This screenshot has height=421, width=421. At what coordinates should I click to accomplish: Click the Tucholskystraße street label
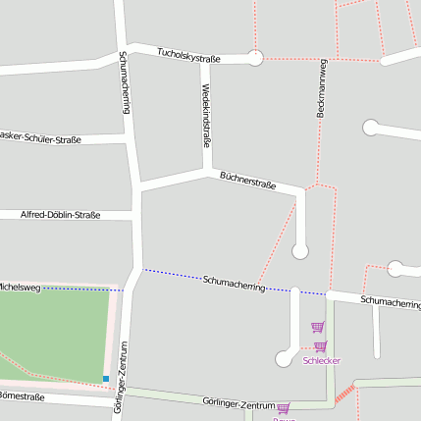(x=189, y=58)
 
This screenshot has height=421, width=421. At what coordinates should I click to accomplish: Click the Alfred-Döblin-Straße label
(x=60, y=214)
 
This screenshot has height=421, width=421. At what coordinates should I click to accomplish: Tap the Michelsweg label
(x=20, y=287)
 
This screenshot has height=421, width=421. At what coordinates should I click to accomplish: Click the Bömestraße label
(x=22, y=396)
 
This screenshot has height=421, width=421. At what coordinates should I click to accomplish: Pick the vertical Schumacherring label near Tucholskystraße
(x=125, y=83)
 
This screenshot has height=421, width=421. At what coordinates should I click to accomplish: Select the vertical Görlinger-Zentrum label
(x=122, y=377)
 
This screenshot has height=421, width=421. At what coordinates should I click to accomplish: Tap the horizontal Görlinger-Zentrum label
(x=237, y=403)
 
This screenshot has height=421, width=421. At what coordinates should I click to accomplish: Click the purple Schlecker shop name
(x=322, y=360)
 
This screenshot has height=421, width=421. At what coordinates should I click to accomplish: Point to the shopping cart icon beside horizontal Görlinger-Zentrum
(x=283, y=408)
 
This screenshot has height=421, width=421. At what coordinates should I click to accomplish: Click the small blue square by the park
(x=106, y=378)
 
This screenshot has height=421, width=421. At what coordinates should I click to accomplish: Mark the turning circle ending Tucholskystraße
(x=256, y=58)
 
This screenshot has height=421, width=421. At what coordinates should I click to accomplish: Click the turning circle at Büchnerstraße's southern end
(x=300, y=250)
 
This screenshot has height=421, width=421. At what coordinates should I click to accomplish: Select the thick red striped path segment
(x=343, y=394)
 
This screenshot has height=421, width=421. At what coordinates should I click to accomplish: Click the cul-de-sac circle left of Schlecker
(x=285, y=358)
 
